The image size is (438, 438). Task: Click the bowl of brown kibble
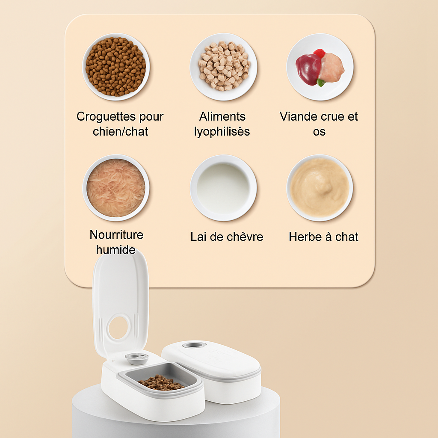click(x=116, y=67)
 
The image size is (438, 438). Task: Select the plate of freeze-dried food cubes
click(x=223, y=67)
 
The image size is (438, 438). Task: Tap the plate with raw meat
click(x=320, y=67)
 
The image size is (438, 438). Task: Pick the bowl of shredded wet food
click(x=116, y=188)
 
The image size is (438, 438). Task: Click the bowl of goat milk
click(x=223, y=188)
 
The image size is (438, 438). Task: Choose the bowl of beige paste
click(x=320, y=188)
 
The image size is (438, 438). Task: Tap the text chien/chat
click(x=120, y=131)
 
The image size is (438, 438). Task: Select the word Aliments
click(x=222, y=116)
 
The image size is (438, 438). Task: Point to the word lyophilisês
click(x=222, y=132)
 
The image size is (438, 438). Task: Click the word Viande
click(x=299, y=116)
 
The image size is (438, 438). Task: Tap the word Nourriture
click(x=116, y=235)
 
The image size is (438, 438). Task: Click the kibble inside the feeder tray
click(x=161, y=382)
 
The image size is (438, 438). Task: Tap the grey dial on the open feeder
click(x=136, y=358)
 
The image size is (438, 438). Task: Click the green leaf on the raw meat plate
click(x=321, y=83)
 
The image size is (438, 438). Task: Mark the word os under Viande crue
click(x=319, y=132)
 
